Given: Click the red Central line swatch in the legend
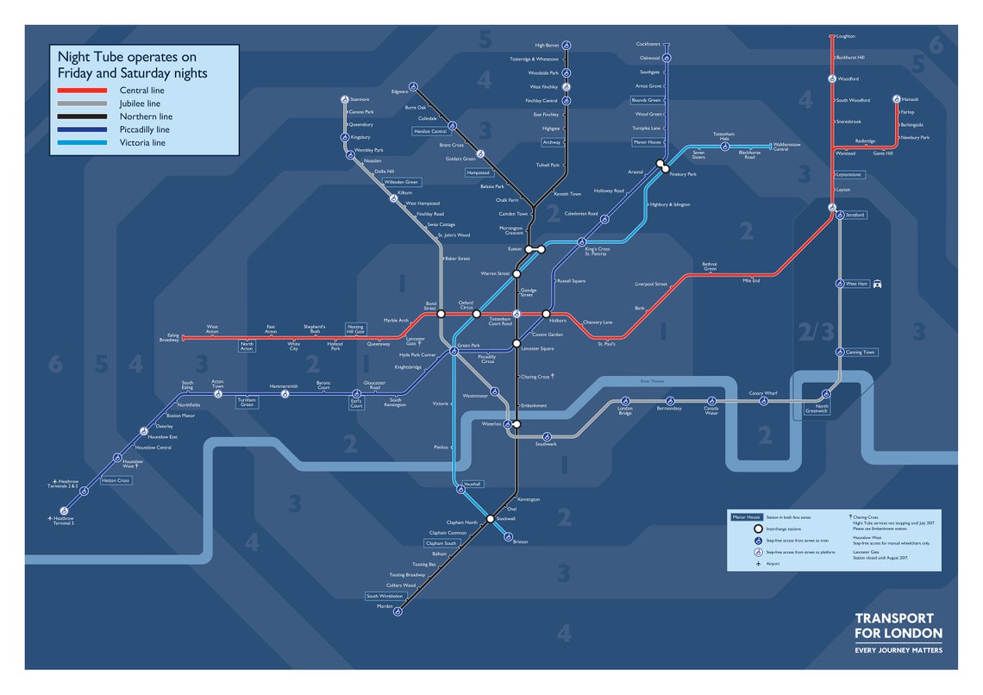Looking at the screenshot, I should click(82, 91).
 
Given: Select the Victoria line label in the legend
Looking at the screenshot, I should click(142, 143).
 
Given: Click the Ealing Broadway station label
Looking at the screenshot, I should click(168, 338).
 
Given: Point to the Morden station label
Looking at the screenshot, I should click(385, 607).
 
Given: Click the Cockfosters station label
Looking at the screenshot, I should click(648, 44).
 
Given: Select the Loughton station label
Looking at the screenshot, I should click(845, 36).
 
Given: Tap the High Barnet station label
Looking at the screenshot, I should click(547, 45).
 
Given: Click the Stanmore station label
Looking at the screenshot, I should click(360, 100).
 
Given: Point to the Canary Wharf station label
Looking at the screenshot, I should click(762, 393).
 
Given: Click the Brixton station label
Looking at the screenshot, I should click(520, 542).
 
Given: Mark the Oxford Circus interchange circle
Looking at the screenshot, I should click(476, 314).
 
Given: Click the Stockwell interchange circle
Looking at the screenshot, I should click(490, 519).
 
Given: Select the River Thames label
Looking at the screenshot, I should click(652, 380).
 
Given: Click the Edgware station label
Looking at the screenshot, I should click(400, 91).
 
